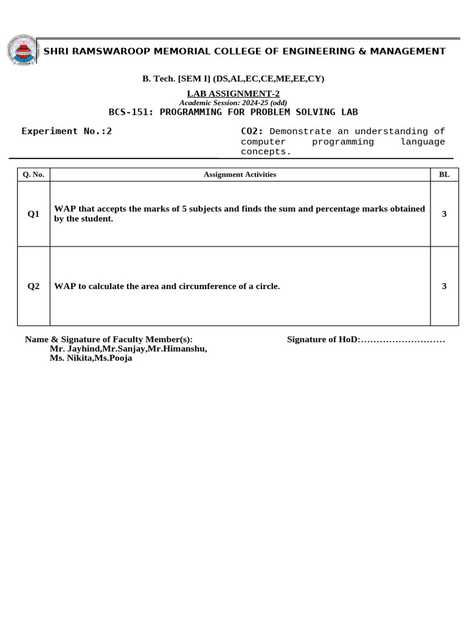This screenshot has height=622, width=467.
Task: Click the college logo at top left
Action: tap(21, 50)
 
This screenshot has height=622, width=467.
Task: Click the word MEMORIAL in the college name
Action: tap(184, 51)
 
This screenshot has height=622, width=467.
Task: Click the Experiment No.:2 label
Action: tap(67, 131)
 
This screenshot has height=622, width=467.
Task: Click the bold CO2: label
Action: tap(252, 131)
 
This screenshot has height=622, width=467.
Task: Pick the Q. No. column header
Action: tap(33, 174)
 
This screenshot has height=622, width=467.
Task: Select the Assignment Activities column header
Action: tap(240, 174)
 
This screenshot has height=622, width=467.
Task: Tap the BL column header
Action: tap(444, 174)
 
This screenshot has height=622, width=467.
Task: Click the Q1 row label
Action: tap(33, 214)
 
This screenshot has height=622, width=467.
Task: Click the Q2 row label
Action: tap(33, 286)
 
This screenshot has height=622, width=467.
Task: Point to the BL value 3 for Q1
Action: tap(444, 214)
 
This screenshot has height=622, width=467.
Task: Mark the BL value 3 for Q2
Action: tap(444, 286)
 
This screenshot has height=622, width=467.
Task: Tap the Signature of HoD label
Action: tap(323, 340)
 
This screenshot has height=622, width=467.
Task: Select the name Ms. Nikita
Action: tap(70, 358)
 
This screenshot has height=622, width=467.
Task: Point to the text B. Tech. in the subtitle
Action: tap(156, 79)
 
